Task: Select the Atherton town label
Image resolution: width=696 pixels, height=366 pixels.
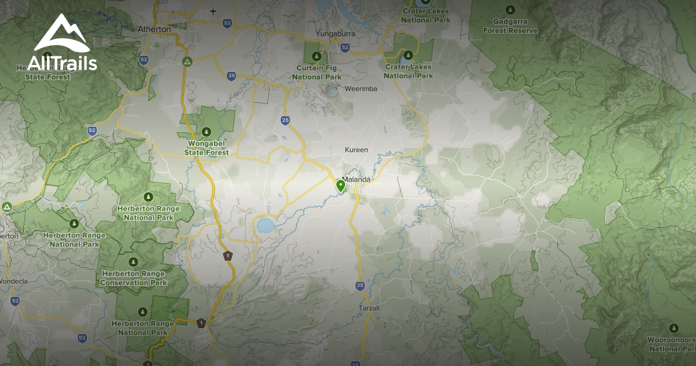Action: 154,28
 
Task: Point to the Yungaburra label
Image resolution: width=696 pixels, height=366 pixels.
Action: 335,34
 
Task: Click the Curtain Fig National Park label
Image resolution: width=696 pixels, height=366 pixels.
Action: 317,73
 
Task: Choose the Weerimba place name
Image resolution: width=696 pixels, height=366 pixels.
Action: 361,89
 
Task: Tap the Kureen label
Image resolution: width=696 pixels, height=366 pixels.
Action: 357,150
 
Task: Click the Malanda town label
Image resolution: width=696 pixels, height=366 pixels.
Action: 357,180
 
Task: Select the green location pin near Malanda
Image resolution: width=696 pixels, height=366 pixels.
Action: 340,185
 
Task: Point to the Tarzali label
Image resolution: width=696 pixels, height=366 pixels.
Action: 369,308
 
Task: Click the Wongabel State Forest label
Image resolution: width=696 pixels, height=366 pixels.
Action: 206,148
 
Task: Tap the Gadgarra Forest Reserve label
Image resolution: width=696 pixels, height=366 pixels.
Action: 511,26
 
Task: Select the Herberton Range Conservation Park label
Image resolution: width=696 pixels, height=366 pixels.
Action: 133,278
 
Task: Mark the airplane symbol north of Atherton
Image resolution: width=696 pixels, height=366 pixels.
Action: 213,11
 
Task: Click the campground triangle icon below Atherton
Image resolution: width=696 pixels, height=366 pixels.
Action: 187,61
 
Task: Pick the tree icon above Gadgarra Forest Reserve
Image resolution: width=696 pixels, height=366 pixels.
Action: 510,9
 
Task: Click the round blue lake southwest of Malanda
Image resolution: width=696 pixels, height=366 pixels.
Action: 264,224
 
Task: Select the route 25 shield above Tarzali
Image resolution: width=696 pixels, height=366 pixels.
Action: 360,285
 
